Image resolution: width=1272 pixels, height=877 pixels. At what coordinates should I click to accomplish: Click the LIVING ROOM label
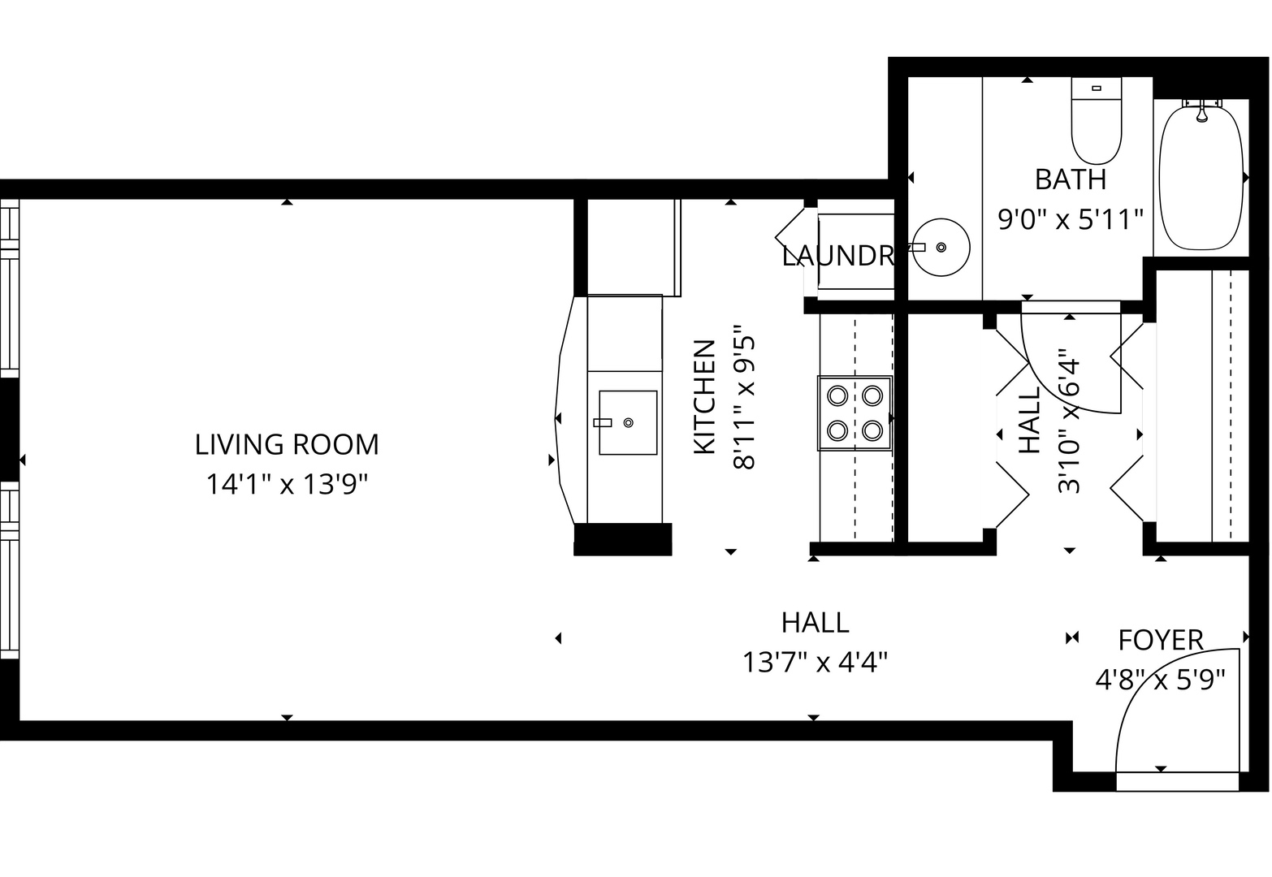pyautogui.click(x=287, y=445)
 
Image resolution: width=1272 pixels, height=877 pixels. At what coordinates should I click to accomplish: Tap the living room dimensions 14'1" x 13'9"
pyautogui.click(x=287, y=485)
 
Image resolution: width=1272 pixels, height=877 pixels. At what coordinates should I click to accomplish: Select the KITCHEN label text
pyautogui.click(x=703, y=397)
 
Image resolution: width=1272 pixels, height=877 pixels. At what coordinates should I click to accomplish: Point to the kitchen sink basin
pyautogui.click(x=628, y=422)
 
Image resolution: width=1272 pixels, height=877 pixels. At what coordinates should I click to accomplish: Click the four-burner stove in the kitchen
pyautogui.click(x=854, y=413)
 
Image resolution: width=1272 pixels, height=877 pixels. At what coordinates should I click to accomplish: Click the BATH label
pyautogui.click(x=1070, y=179)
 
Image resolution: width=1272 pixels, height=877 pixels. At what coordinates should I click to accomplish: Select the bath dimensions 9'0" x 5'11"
pyautogui.click(x=1070, y=218)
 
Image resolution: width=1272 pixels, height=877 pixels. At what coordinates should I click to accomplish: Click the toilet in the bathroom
pyautogui.click(x=1096, y=122)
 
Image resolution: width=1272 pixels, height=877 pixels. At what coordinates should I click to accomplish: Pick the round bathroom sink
pyautogui.click(x=941, y=247)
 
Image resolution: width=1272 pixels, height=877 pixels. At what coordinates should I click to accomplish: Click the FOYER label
pyautogui.click(x=1160, y=640)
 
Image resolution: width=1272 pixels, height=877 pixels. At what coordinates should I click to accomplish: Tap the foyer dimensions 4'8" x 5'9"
pyautogui.click(x=1160, y=679)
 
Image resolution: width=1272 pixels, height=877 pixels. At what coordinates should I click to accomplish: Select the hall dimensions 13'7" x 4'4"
pyautogui.click(x=814, y=663)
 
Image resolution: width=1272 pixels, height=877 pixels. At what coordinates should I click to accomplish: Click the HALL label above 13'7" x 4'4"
pyautogui.click(x=815, y=623)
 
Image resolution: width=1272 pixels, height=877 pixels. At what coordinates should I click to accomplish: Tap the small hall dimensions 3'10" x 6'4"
pyautogui.click(x=1068, y=421)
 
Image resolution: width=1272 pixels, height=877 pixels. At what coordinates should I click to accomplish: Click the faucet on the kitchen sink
pyautogui.click(x=603, y=422)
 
